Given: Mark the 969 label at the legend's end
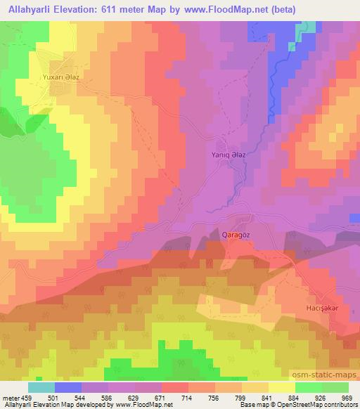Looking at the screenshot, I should [346, 397].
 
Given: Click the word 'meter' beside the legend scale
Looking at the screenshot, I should [8, 397].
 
